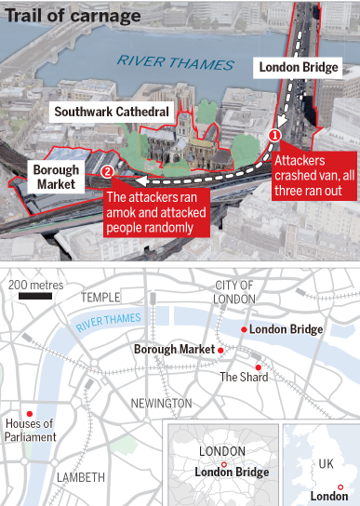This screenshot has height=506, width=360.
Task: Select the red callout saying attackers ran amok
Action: click(155, 212)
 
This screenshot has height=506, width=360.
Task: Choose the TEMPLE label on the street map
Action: click(101, 296)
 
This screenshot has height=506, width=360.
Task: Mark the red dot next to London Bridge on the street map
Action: click(243, 329)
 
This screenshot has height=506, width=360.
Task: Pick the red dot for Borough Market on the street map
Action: click(221, 350)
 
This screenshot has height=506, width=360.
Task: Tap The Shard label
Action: click(243, 377)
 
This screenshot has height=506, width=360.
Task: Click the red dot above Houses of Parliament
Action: click(30, 413)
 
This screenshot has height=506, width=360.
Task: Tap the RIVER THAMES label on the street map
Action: click(109, 321)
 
